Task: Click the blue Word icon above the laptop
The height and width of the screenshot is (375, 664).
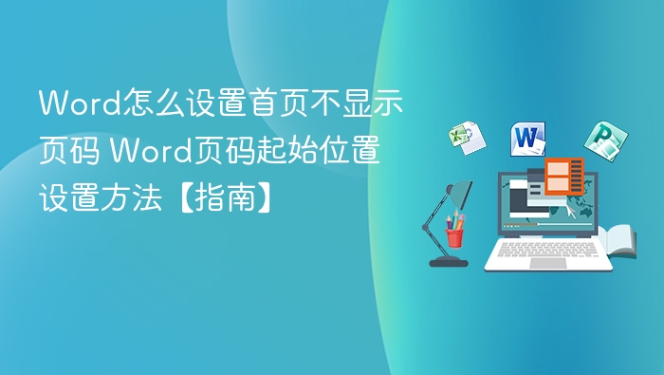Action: (x=528, y=139)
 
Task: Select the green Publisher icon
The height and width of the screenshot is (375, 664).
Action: (x=602, y=141)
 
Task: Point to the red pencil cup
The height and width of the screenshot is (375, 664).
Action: (x=455, y=233)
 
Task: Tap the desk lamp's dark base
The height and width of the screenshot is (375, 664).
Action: (x=448, y=260)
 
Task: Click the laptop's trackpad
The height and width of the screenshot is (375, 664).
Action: (x=547, y=262)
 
